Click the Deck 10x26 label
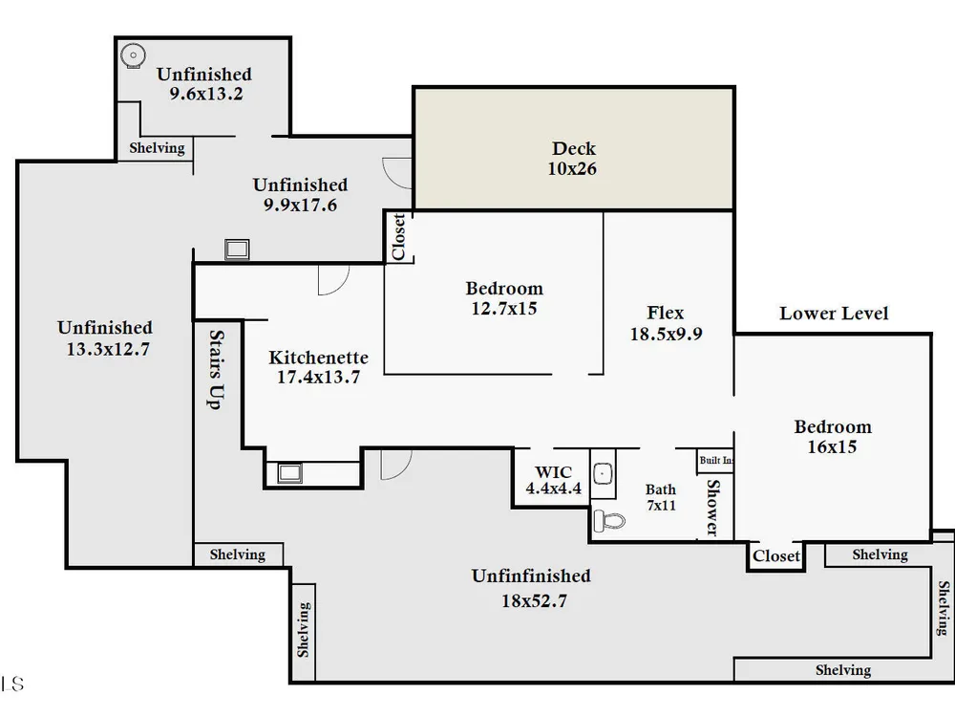tap(572, 159)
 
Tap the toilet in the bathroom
tap(609, 521)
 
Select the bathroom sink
tap(603, 473)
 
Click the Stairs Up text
tap(216, 369)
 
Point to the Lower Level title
tap(834, 314)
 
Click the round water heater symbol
tap(132, 55)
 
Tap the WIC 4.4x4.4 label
tap(554, 480)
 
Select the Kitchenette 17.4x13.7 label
tap(319, 367)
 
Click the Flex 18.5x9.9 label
tap(666, 323)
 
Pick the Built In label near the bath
tap(715, 461)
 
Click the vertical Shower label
tap(712, 508)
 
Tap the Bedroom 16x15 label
tap(833, 437)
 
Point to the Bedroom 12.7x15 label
tap(504, 298)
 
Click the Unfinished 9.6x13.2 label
tap(204, 83)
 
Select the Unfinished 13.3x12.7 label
tap(105, 338)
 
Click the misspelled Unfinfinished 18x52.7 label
tap(532, 588)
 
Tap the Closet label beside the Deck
tap(398, 236)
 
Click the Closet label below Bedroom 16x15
tap(775, 556)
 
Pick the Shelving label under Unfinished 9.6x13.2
tap(157, 148)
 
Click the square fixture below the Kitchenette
tap(290, 473)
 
